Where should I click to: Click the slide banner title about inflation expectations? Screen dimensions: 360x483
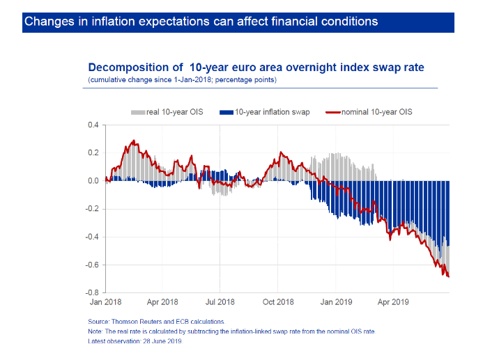pos(201,22)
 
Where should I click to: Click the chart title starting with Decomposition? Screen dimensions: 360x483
pos(256,68)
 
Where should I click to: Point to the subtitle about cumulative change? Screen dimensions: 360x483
pos(182,80)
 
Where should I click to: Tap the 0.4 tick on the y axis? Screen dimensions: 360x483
pos(93,125)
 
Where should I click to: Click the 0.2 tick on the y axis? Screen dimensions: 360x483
pos(93,153)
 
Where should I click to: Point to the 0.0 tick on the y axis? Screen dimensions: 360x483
pos(93,181)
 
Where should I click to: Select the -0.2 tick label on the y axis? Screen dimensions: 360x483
pos(92,209)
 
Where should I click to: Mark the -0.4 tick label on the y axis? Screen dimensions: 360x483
pos(92,237)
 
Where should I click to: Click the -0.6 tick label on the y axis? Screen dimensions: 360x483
pos(92,265)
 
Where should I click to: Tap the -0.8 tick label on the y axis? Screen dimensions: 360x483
pos(92,293)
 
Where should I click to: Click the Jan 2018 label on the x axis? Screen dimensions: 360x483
pos(106,303)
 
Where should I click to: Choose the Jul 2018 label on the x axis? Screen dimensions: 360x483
pos(220,303)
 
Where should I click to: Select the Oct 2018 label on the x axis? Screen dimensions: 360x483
pos(278,303)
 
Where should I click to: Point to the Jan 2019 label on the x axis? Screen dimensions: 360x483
pos(336,303)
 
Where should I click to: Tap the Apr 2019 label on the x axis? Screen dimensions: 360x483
pos(392,303)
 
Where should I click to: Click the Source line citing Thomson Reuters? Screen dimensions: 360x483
pos(156,322)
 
